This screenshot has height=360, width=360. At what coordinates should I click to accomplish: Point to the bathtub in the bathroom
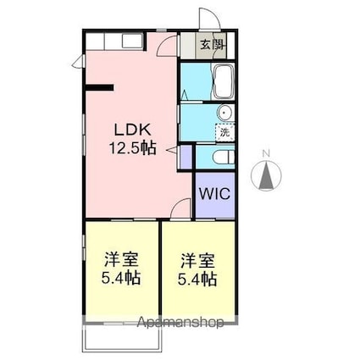[224, 82]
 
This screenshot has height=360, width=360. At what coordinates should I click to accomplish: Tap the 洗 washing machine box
[224, 131]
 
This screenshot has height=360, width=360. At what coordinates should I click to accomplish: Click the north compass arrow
[267, 176]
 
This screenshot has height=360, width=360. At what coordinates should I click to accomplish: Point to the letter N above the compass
[267, 153]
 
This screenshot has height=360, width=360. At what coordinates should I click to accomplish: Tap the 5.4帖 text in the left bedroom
[119, 279]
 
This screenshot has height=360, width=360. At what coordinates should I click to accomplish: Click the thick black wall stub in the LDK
[100, 86]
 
